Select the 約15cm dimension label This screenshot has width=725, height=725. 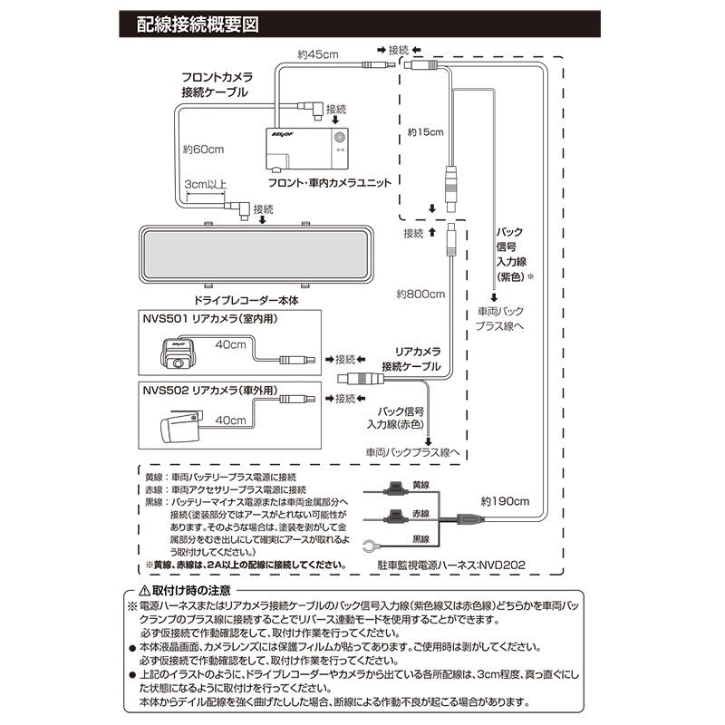tap(425, 132)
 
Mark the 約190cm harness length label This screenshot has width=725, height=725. tap(506, 499)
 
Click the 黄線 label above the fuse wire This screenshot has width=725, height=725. tap(420, 485)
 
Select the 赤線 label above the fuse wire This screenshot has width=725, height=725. tap(420, 512)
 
